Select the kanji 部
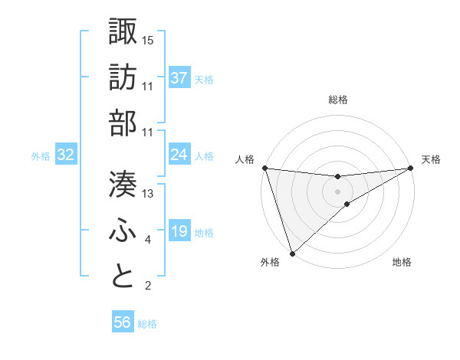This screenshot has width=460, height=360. point(123,123)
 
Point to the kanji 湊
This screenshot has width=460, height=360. point(123,184)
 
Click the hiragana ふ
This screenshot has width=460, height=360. point(123,231)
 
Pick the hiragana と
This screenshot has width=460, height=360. point(123,277)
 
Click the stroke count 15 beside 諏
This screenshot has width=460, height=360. point(148,39)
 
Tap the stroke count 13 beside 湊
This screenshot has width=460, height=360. point(148,194)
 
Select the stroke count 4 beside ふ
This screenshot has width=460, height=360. point(148,241)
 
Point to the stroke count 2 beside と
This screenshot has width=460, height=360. point(148,286)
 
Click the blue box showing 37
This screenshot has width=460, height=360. point(179,78)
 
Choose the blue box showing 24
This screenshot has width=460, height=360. point(179,155)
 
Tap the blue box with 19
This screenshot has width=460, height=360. point(179,232)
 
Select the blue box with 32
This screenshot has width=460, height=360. point(66,155)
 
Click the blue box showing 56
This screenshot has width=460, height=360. point(123,323)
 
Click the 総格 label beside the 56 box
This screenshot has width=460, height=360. point(148,324)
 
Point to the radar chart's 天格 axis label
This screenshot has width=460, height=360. point(431,159)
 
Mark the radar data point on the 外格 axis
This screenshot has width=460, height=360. point(292,253)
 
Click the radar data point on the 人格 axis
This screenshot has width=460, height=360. point(264,168)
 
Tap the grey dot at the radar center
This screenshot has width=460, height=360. point(338,191)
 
